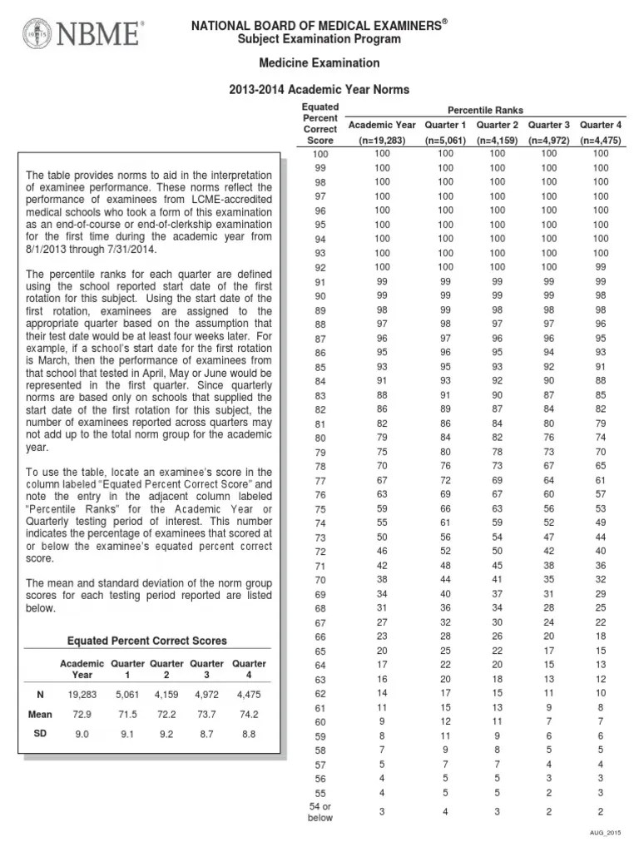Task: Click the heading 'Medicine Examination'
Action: [320, 63]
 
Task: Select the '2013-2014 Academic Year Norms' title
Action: [320, 89]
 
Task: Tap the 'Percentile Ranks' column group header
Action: [487, 110]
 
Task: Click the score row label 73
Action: [320, 537]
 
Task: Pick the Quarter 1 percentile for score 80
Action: [446, 438]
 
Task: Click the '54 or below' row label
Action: [320, 811]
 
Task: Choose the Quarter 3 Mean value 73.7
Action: [207, 714]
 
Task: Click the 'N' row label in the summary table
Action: [40, 692]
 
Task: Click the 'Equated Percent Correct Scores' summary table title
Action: [146, 641]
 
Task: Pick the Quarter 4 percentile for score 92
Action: [600, 267]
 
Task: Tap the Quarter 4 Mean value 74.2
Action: [248, 714]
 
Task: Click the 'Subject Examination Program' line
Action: [320, 39]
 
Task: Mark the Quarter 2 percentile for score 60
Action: [497, 721]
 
